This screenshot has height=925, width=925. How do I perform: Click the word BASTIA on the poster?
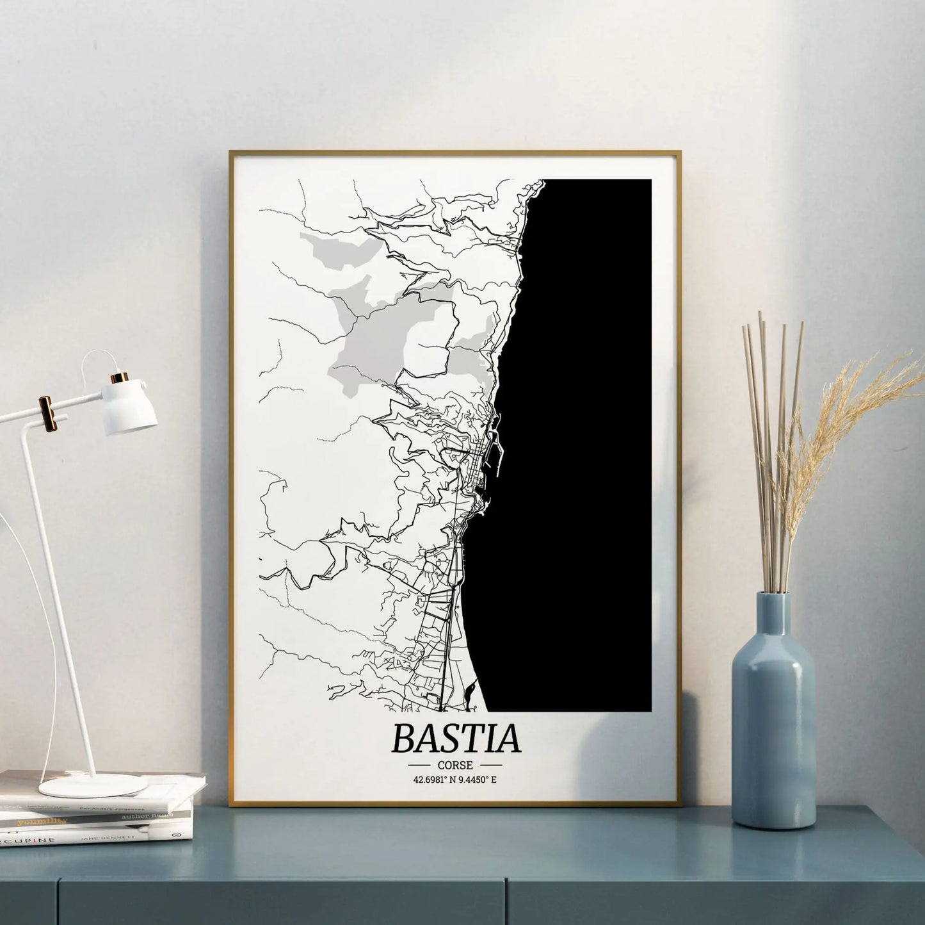tap(456, 738)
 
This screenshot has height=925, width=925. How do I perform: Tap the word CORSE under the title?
tap(456, 765)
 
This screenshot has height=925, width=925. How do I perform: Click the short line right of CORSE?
tap(491, 765)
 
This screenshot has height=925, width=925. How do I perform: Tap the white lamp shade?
tap(131, 406)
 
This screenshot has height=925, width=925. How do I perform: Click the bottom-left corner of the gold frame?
tap(231, 805)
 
